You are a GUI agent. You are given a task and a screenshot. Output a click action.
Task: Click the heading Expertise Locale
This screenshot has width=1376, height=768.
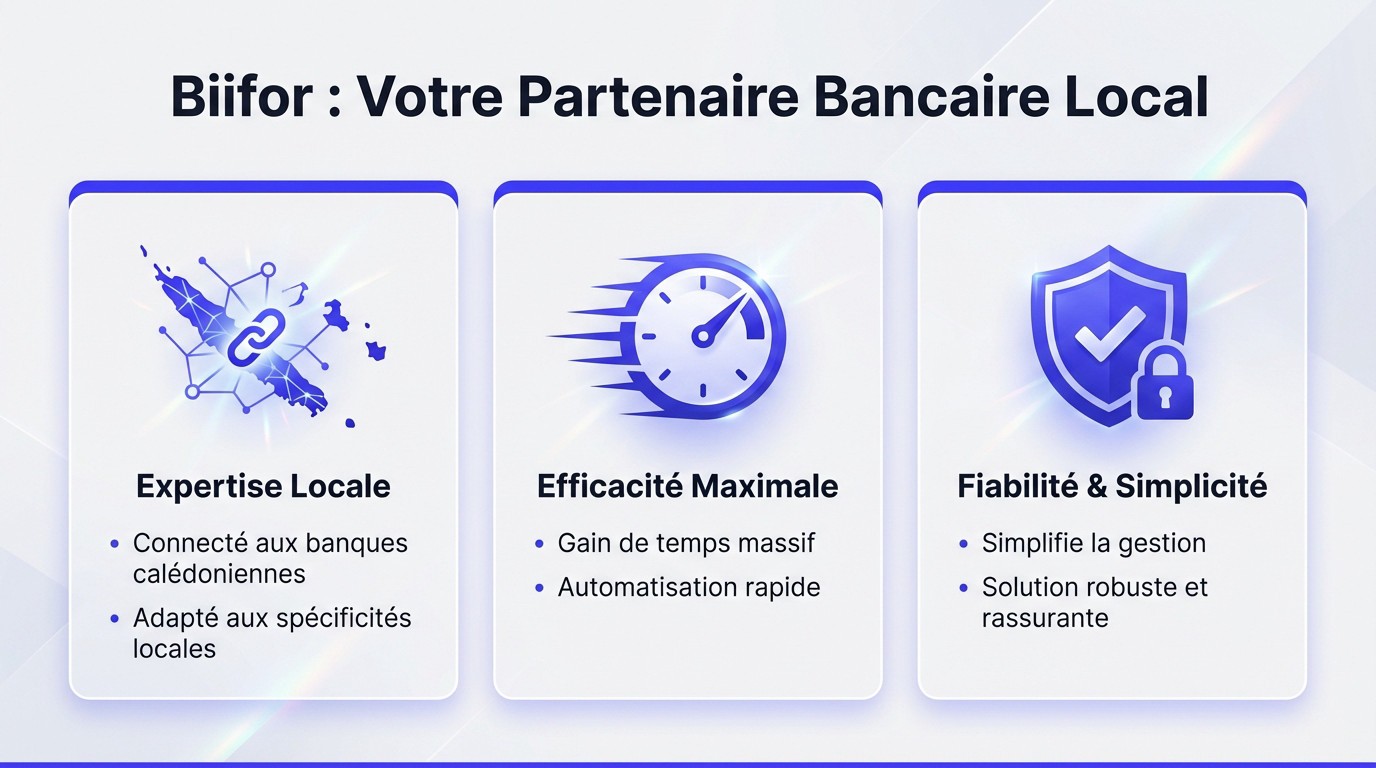click(x=263, y=487)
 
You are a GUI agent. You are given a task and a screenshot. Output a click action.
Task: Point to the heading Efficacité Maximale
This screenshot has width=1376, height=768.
click(x=688, y=487)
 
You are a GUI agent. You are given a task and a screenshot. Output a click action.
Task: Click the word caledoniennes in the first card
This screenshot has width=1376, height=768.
click(x=219, y=574)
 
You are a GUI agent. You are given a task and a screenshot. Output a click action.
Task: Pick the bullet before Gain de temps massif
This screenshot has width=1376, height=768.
click(x=539, y=544)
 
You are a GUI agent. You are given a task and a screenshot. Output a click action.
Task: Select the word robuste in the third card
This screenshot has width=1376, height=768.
click(x=1118, y=587)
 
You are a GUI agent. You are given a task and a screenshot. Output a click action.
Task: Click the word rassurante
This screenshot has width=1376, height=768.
click(x=1045, y=618)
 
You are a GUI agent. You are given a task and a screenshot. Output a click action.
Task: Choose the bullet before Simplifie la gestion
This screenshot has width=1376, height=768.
click(x=963, y=544)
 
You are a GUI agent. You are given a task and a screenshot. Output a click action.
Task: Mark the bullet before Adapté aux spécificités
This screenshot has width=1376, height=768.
click(x=114, y=619)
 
